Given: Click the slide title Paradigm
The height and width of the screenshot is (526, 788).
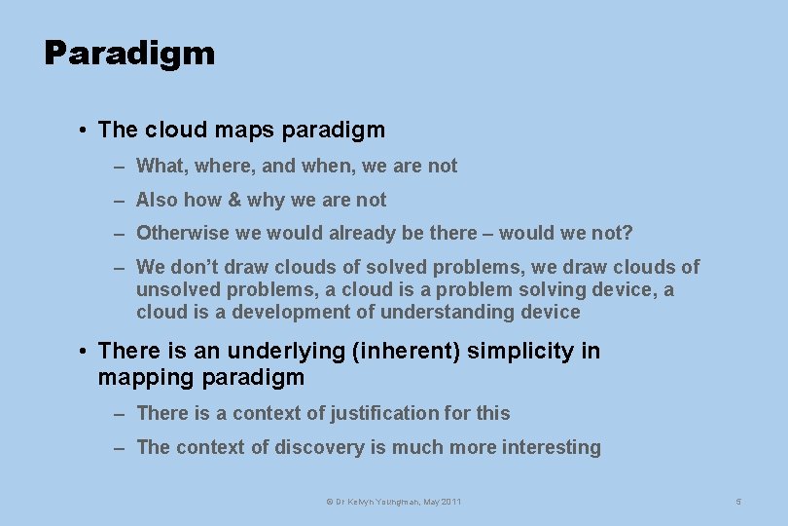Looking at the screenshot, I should point(129,54).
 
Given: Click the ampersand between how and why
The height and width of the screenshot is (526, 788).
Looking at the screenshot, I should point(233,200).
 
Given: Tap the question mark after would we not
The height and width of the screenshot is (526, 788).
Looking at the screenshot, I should point(627,233).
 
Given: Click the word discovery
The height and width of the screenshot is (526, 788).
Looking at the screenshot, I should point(319,447).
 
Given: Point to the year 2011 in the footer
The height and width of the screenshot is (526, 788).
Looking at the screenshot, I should point(450,502).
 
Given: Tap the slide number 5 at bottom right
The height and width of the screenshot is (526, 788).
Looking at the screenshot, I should point(738,502).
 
